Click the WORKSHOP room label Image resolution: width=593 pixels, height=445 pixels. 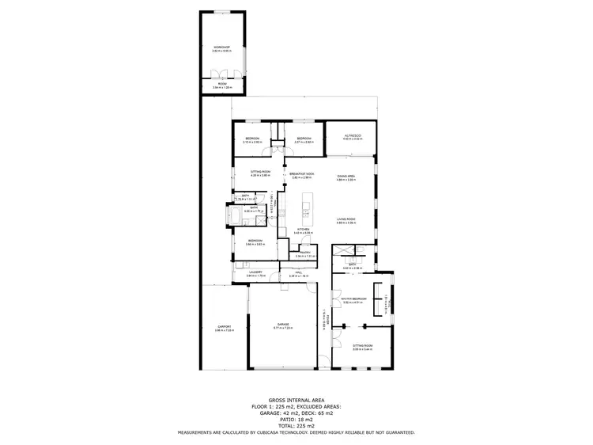tap(221, 48)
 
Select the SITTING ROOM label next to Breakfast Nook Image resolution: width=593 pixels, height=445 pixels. tap(261, 172)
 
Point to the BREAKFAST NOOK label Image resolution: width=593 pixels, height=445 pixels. tap(302, 173)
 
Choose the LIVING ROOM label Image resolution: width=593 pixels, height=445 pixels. tap(346, 219)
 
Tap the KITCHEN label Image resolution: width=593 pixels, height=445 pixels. tap(303, 230)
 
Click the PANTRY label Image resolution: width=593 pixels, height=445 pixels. tap(305, 253)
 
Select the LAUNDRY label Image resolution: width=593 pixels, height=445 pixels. tap(255, 272)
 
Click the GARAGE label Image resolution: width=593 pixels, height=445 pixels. tap(282, 324)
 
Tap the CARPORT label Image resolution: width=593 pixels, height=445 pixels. tap(224, 327)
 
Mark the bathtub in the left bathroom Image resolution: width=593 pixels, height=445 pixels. tap(236, 215)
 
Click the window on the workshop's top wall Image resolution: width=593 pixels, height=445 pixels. tap(221, 13)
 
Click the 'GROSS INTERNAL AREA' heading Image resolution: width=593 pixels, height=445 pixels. tap(296, 401)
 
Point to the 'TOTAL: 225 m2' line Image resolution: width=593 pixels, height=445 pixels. tap(296, 426)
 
